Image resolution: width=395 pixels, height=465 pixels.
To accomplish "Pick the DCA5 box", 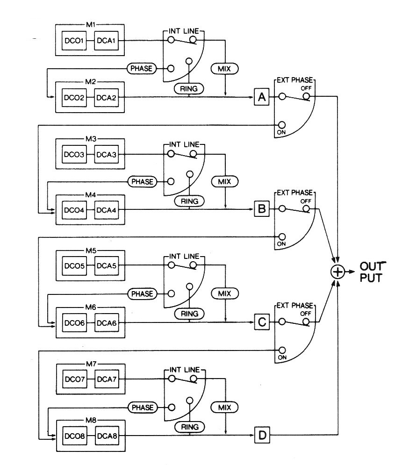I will click(106, 267).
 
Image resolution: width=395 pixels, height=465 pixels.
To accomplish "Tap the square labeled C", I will click(261, 322).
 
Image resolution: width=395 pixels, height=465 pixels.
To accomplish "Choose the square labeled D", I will click(262, 436).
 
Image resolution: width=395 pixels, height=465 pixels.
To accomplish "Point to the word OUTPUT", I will click(372, 272).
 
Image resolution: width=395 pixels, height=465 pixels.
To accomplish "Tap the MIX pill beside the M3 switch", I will click(224, 181).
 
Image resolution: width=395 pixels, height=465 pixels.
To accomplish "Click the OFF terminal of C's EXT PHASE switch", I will click(306, 322).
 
